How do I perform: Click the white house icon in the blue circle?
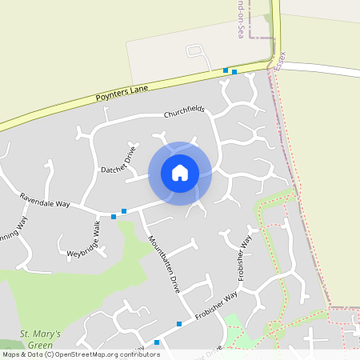[x=180, y=173]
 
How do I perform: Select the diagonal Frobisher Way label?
[x=217, y=306]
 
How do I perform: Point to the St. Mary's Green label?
[x=35, y=339]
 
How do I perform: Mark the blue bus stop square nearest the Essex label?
[x=234, y=72]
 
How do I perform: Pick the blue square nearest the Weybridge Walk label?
[x=114, y=216]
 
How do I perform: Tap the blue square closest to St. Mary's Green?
[x=157, y=342]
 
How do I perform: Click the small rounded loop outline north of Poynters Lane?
[x=195, y=52]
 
